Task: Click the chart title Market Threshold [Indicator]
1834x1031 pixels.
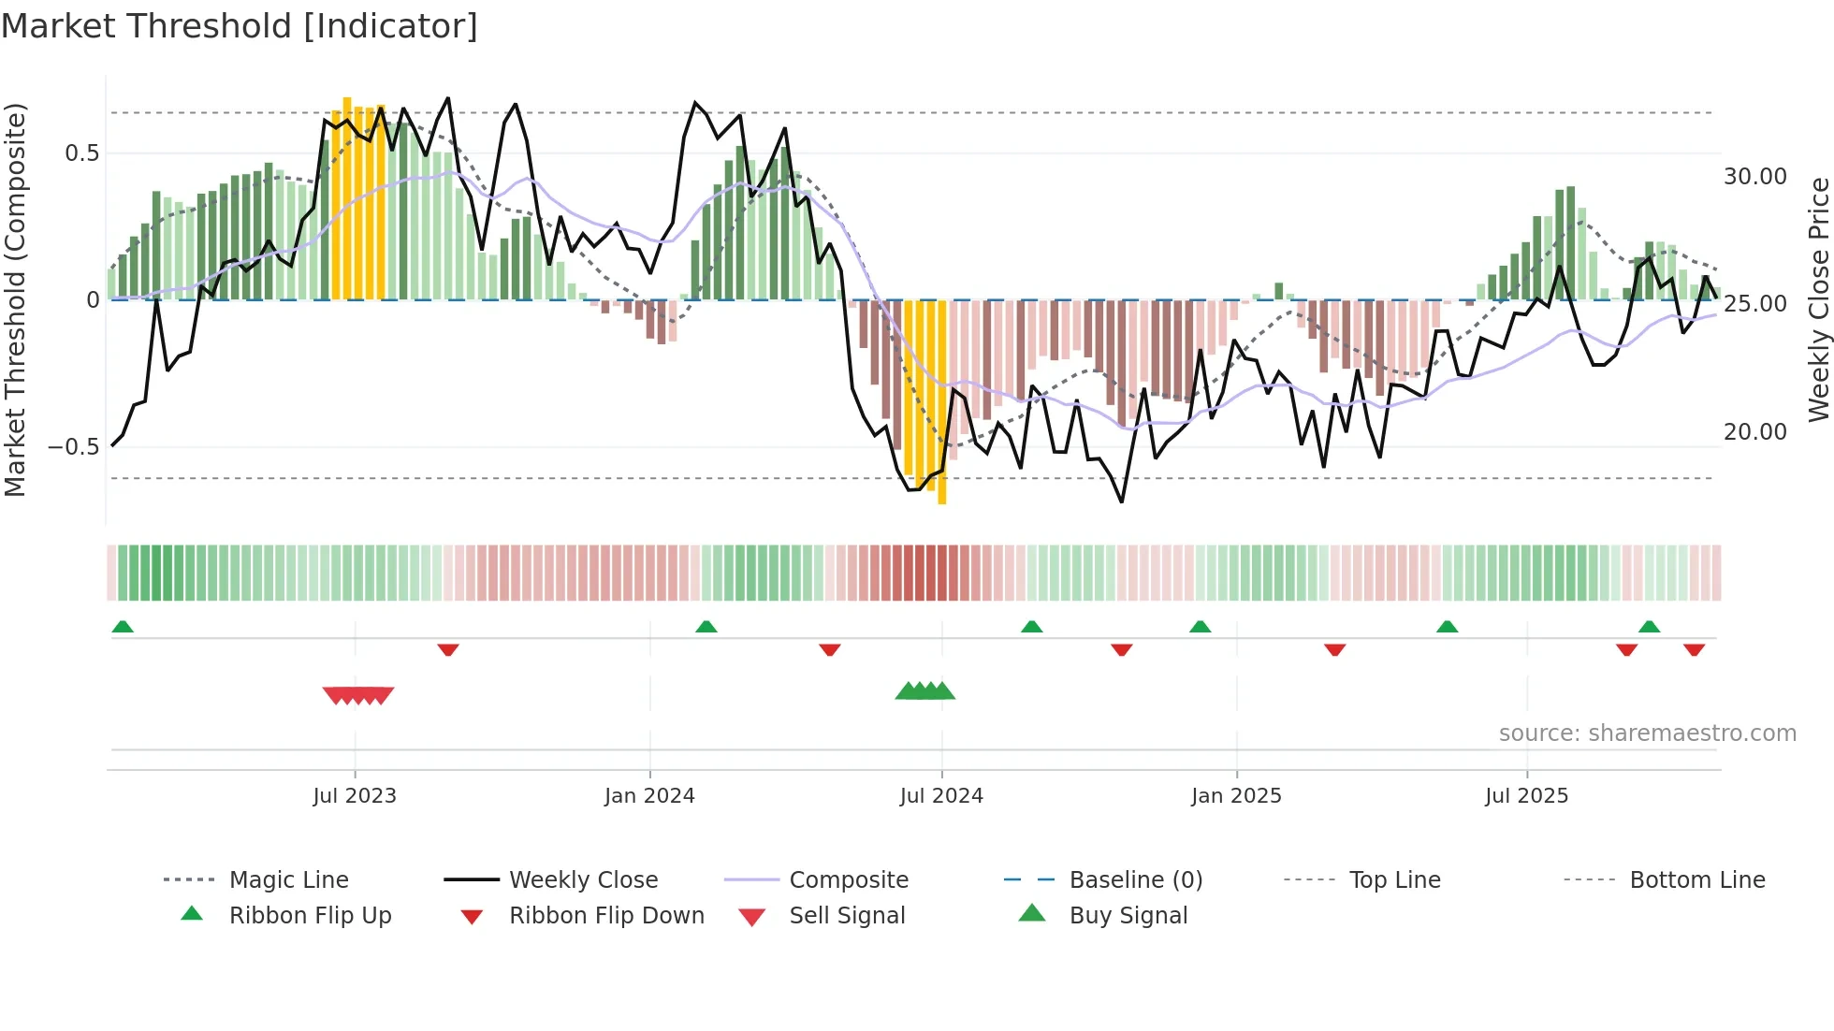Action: point(240,26)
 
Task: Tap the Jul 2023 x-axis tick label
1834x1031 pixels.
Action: point(355,796)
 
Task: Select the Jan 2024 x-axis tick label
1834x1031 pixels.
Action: point(649,796)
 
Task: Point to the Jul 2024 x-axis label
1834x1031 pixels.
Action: point(941,796)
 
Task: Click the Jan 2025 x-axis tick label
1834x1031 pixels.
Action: point(1236,796)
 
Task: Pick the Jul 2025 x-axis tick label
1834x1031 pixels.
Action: point(1526,796)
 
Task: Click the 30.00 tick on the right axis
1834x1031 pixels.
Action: point(1754,177)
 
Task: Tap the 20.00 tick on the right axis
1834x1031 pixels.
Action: point(1754,432)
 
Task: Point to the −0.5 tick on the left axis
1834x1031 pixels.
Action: point(73,447)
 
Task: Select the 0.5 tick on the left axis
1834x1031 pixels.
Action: point(81,153)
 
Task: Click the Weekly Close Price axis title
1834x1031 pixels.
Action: point(1818,299)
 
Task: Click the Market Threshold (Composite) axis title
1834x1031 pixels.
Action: point(15,299)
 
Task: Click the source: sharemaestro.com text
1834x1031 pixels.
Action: point(1647,733)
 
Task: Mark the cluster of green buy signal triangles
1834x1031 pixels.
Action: point(924,691)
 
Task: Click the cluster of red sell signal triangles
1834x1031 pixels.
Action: point(358,695)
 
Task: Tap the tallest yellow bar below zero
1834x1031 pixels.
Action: point(941,402)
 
